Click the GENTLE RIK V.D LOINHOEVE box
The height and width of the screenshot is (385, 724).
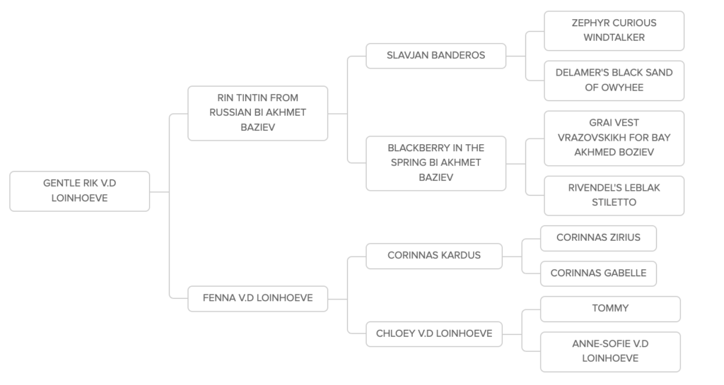click(80, 191)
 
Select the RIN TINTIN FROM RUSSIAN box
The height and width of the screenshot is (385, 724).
click(258, 113)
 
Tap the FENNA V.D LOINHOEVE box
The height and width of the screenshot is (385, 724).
click(258, 298)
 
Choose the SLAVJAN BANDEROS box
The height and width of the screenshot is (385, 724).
click(436, 55)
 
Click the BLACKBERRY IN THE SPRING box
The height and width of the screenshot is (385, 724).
click(436, 163)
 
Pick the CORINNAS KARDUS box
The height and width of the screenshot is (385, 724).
click(433, 256)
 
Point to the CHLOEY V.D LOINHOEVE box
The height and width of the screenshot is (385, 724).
click(433, 334)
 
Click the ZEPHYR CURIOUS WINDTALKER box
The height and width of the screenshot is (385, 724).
click(614, 30)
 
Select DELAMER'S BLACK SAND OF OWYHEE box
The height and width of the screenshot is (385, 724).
click(614, 81)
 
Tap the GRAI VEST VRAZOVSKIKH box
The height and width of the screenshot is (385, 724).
click(614, 138)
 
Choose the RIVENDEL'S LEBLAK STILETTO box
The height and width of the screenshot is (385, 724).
click(614, 196)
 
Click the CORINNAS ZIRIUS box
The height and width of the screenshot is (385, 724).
click(598, 238)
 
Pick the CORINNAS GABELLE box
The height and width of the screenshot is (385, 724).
click(598, 273)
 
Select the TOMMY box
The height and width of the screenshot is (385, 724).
click(610, 309)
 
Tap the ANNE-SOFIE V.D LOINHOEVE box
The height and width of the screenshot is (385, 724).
click(610, 351)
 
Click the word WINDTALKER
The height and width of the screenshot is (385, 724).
click(614, 37)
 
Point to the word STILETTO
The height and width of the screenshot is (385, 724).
click(614, 203)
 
